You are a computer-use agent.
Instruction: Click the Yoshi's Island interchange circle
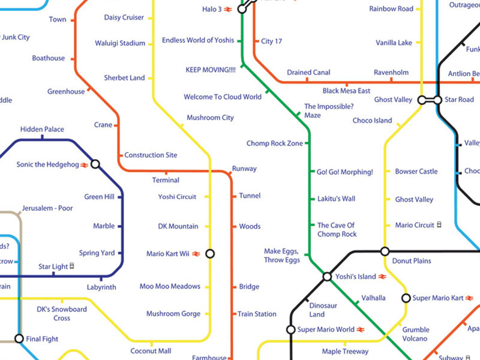(x=327, y=277)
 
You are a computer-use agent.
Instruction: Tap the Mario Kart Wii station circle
(x=210, y=254)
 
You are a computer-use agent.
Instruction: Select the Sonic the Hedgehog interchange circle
(x=95, y=164)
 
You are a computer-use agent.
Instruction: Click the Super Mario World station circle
(x=291, y=329)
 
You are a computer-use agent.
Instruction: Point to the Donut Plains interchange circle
(x=385, y=251)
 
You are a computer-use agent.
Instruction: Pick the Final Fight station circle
(x=19, y=338)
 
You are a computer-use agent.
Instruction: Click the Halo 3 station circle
(x=242, y=9)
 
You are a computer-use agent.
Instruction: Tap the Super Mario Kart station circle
(x=406, y=298)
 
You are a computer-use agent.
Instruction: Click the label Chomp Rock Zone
(x=275, y=143)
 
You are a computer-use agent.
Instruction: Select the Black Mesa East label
(x=346, y=91)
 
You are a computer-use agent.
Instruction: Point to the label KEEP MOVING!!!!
(x=211, y=70)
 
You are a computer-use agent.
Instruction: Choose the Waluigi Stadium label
(x=120, y=43)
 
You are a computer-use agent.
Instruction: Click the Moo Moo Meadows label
(x=170, y=286)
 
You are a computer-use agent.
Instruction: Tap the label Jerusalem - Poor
(x=47, y=208)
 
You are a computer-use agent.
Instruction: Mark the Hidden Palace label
(x=42, y=130)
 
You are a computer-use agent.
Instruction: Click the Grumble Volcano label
(x=416, y=334)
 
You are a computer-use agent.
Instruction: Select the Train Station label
(x=257, y=314)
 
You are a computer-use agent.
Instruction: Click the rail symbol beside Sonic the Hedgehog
(x=85, y=164)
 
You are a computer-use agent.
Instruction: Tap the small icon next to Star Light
(x=73, y=266)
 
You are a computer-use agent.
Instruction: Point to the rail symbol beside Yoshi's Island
(x=380, y=277)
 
